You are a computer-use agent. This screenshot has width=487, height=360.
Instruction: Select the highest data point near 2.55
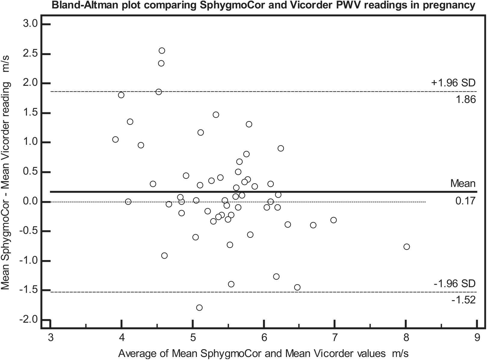point(162,51)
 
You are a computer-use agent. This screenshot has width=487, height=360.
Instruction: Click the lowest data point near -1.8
point(199,308)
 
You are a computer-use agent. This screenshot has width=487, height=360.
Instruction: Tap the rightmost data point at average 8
point(406,247)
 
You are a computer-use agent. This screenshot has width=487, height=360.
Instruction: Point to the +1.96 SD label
point(453,83)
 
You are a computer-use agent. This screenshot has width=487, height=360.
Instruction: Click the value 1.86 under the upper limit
point(466,100)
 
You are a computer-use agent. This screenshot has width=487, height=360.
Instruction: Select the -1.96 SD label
point(455,284)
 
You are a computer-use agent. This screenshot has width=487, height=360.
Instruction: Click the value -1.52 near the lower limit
point(464,300)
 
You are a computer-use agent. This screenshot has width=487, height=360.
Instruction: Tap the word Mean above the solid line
point(463,183)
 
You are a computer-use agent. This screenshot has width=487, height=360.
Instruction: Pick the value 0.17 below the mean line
point(465,200)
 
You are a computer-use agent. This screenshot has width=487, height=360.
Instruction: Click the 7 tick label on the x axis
point(334,338)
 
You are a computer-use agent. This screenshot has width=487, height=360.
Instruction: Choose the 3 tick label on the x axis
point(50,338)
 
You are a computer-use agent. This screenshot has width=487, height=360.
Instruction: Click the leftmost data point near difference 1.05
point(116,139)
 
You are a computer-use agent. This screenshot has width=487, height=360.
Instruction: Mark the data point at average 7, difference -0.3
point(333,220)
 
